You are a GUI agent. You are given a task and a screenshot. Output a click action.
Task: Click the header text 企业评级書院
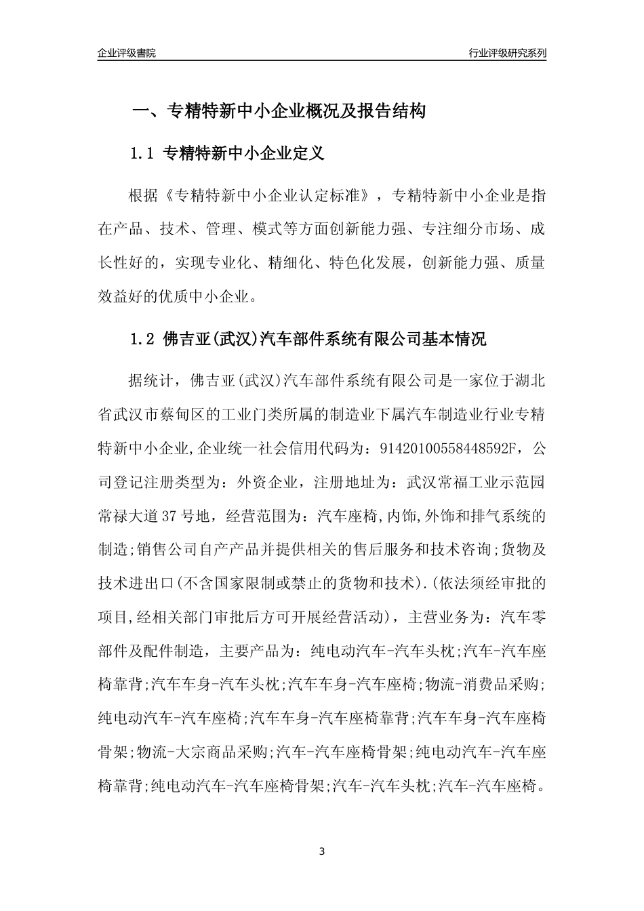127,53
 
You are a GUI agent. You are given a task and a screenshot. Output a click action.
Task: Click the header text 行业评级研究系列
507,53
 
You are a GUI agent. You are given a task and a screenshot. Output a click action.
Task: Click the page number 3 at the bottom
322,851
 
